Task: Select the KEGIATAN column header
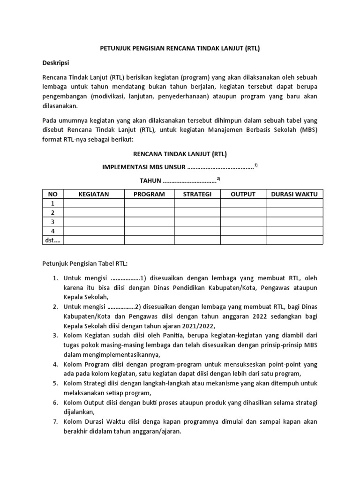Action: pos(94,194)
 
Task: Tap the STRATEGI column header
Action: pos(197,194)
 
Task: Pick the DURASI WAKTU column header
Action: pos(294,194)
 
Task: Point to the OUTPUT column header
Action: pos(243,194)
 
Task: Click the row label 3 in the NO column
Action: pos(53,222)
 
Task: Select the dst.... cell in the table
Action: pos(53,240)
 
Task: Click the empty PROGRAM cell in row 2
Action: pos(149,212)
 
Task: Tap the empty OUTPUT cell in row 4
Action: pos(243,231)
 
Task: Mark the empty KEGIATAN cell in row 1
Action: pos(94,203)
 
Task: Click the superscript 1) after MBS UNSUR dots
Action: pos(256,165)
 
